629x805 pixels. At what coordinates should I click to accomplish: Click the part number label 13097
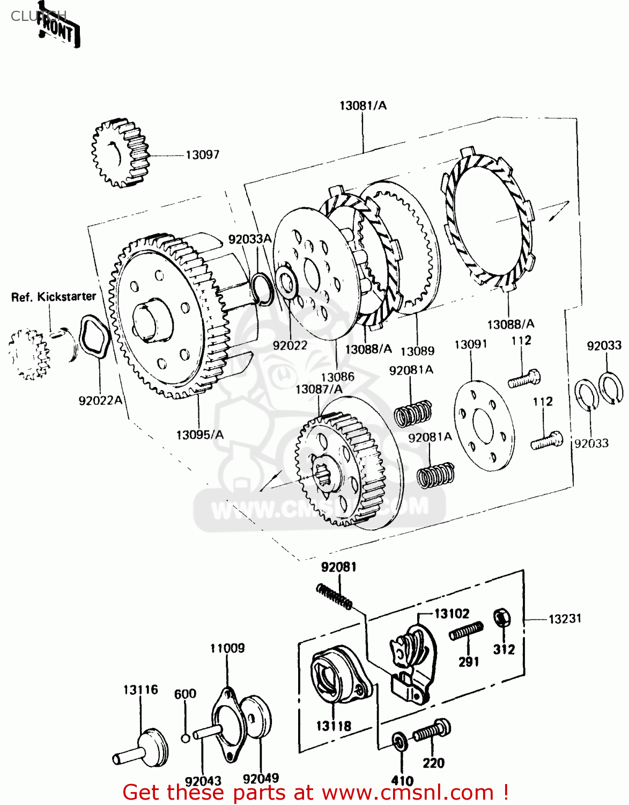click(202, 155)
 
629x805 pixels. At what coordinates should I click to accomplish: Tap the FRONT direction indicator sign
click(58, 30)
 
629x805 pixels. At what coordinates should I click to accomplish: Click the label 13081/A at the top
click(362, 106)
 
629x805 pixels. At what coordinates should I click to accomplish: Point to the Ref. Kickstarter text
click(54, 297)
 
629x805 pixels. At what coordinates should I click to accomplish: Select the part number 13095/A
click(199, 435)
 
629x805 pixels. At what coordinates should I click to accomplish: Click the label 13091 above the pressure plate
click(470, 344)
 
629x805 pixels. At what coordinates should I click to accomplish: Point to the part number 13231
click(565, 619)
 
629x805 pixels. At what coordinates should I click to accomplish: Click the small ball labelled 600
click(185, 738)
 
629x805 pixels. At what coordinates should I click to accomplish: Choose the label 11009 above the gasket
click(227, 648)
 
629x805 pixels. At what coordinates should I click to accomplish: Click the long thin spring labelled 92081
click(334, 596)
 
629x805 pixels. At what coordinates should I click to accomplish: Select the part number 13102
click(452, 613)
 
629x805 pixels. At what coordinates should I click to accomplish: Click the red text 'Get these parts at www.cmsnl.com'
click(315, 792)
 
